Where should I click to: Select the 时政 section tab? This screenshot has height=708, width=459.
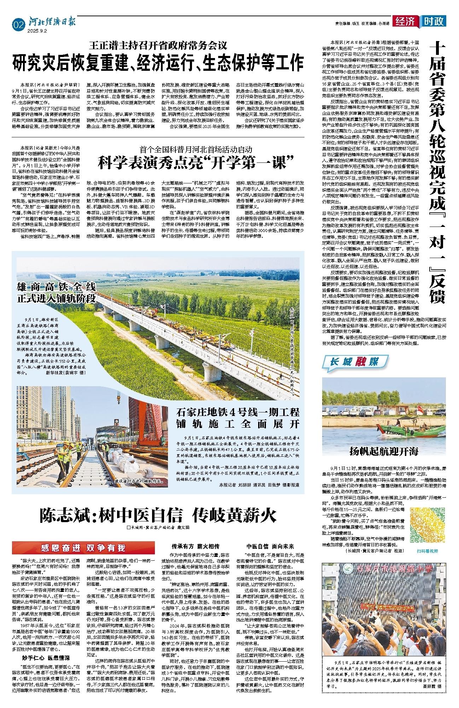(x=434, y=21)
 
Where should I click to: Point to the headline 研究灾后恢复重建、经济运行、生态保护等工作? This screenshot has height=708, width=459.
(x=158, y=63)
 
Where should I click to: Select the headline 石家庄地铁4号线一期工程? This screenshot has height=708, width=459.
(x=238, y=412)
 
